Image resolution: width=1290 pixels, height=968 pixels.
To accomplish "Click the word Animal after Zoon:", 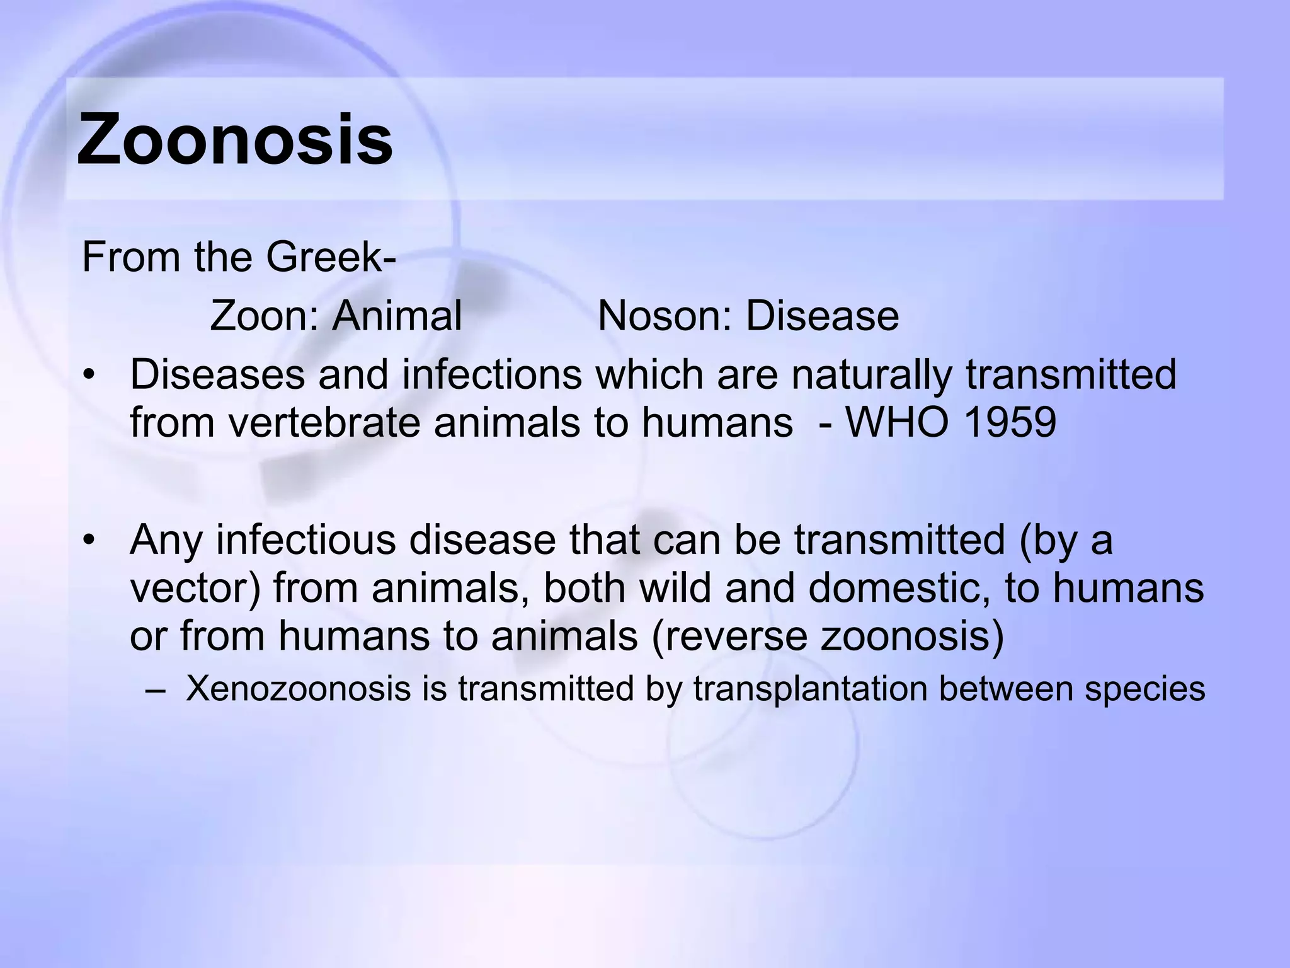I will pos(397,316).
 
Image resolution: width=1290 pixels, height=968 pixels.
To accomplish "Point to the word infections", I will pos(492,375).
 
